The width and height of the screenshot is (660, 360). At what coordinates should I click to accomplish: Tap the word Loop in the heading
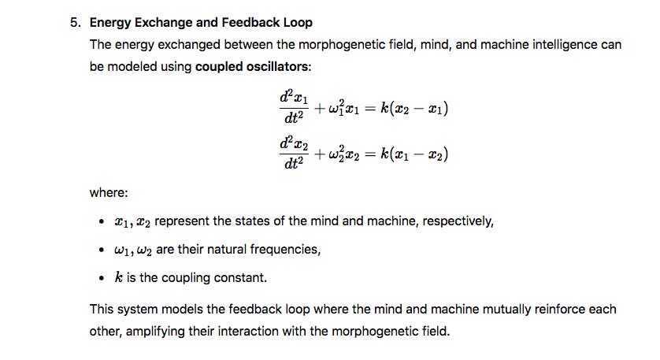(x=293, y=23)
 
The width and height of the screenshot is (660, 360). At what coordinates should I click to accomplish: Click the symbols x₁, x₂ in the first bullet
(x=133, y=221)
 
